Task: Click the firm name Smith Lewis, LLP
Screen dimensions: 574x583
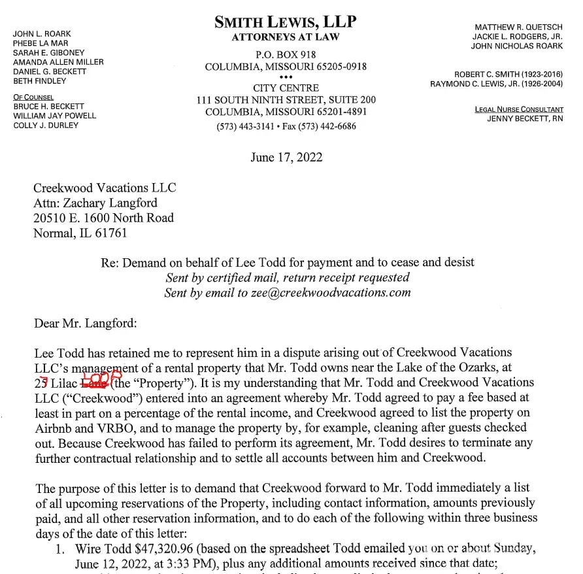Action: [x=286, y=22]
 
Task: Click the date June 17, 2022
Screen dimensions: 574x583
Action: [x=286, y=157]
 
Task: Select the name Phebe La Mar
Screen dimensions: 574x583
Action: [x=41, y=43]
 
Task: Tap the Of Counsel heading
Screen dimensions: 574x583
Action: [x=34, y=97]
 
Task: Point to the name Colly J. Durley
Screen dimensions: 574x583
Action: [x=46, y=126]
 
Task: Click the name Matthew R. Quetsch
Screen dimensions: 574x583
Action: [x=518, y=27]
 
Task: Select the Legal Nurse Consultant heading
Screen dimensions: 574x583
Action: [x=519, y=109]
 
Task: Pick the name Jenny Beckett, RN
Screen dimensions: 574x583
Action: [x=525, y=119]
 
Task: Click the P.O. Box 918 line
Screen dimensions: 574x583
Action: [x=286, y=56]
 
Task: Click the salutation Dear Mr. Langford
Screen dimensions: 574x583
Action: [x=85, y=322]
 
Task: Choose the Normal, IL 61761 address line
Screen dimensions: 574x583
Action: [x=80, y=233]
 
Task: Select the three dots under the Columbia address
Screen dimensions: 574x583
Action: [x=286, y=77]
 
